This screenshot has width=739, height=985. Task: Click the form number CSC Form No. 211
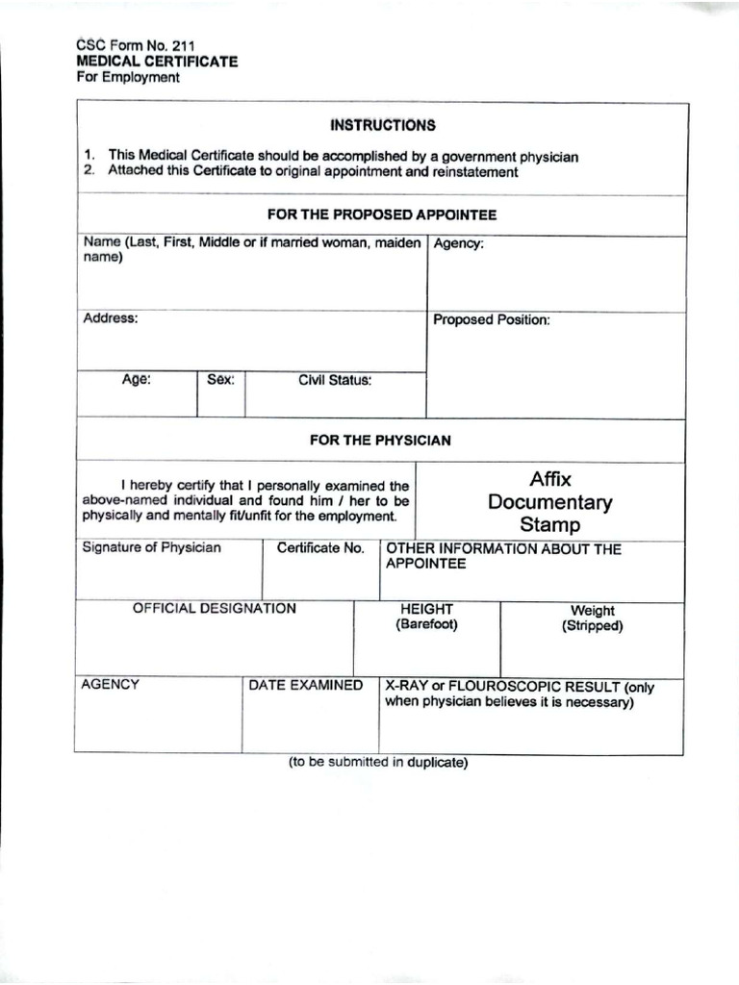tap(135, 44)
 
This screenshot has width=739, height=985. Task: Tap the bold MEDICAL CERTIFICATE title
tap(157, 62)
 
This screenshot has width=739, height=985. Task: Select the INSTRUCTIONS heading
tap(382, 125)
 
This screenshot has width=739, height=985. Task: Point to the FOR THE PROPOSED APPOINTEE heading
tap(382, 215)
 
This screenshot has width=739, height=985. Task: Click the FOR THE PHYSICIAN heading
tap(380, 440)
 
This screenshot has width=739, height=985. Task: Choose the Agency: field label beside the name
tap(459, 244)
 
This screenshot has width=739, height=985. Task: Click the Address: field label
tap(111, 318)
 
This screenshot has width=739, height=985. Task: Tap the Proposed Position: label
tap(492, 319)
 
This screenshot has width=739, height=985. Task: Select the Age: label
tap(136, 380)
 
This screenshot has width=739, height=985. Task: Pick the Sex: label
tap(221, 380)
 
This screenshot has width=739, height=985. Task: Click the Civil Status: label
tap(335, 380)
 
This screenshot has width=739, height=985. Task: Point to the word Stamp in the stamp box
tap(550, 525)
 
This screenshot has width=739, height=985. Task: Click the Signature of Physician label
tap(151, 548)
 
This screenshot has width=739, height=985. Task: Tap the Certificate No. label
tap(320, 548)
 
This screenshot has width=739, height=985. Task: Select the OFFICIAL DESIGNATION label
tap(215, 609)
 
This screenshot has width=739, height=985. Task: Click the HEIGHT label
tap(427, 609)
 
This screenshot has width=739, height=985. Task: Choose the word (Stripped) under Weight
tap(593, 626)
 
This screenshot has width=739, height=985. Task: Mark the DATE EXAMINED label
tap(306, 686)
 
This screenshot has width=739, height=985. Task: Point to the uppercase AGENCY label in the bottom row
tap(111, 685)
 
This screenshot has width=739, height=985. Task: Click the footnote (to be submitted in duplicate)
tap(378, 763)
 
